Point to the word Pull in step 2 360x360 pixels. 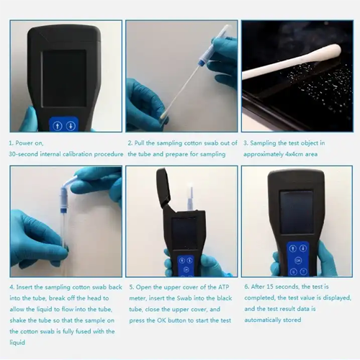click(143, 143)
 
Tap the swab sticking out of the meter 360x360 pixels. click(191, 194)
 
